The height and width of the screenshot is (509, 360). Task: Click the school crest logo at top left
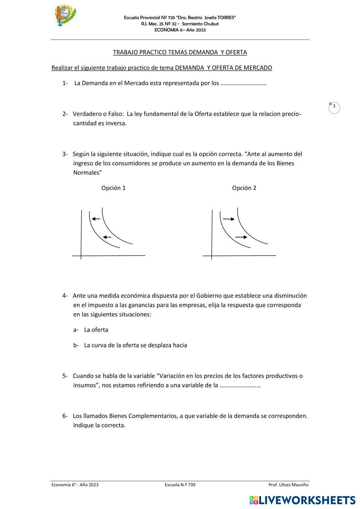[65, 15]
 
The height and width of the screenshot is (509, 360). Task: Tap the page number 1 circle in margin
[334, 107]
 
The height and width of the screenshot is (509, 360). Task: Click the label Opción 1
[113, 188]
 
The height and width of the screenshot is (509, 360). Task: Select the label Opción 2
[244, 188]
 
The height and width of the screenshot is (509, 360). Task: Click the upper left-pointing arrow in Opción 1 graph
[96, 219]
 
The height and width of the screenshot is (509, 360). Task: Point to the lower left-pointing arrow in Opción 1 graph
[107, 237]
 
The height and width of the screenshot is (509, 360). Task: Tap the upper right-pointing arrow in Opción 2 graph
[229, 219]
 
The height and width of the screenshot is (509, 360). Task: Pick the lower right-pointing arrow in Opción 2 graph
[241, 237]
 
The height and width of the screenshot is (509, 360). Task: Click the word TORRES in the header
[226, 18]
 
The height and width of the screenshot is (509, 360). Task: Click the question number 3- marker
[65, 154]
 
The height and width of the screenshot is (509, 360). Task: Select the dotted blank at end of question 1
[243, 84]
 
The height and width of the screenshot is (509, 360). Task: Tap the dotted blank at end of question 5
[240, 386]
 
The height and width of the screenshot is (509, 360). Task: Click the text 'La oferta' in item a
[96, 330]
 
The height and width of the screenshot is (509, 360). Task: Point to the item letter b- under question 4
[76, 345]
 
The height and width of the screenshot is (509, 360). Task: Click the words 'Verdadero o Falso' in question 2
[98, 114]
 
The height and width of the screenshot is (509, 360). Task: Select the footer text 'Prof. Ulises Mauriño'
[288, 485]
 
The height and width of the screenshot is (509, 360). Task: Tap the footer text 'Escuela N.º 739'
[180, 485]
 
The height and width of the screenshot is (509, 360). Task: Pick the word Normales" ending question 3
[87, 173]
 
